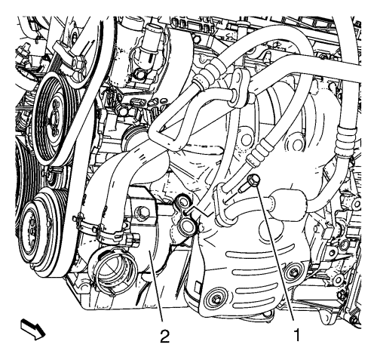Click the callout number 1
297,335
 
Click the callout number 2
164,336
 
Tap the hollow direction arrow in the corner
33,329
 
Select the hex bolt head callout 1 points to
253,180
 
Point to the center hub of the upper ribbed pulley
54,117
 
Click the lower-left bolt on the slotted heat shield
216,300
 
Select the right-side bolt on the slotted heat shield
293,272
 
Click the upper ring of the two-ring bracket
182,202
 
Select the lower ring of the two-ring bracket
187,223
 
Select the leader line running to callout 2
156,288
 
